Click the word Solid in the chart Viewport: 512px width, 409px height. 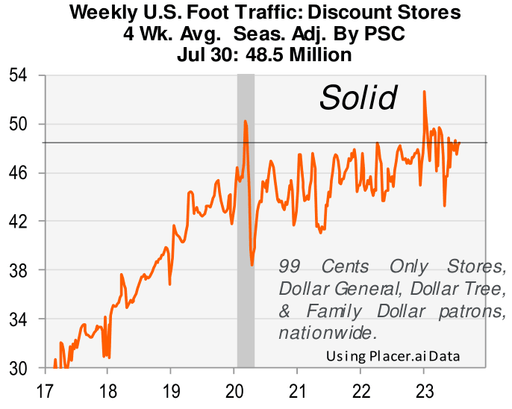pos(358,98)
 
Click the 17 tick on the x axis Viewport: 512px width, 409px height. pos(44,390)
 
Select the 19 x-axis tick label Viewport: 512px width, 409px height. pos(171,390)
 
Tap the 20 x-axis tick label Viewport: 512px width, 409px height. pos(234,390)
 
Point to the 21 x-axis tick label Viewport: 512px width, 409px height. pos(298,390)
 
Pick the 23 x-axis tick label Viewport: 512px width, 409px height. pos(424,390)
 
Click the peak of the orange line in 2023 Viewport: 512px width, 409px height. pos(424,92)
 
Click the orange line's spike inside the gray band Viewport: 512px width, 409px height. pos(245,121)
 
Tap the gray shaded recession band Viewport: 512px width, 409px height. pos(246,313)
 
